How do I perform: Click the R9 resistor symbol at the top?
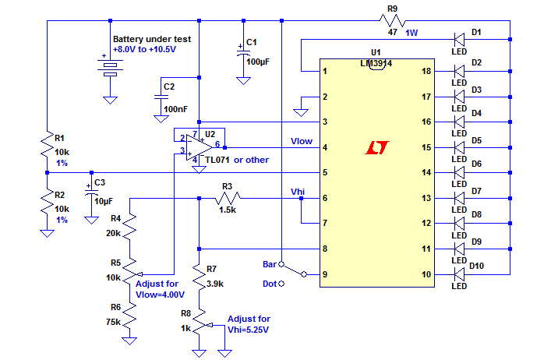click(393, 21)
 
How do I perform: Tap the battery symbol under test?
click(110, 68)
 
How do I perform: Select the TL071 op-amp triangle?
click(199, 147)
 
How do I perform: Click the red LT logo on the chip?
click(377, 148)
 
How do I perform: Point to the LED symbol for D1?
click(459, 39)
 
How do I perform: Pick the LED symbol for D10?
click(459, 274)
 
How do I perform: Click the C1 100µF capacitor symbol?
click(243, 53)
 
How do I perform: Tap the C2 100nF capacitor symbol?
click(161, 97)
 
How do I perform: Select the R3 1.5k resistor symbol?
click(228, 199)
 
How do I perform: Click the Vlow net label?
click(302, 141)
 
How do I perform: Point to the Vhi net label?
click(298, 192)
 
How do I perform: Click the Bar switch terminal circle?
click(281, 264)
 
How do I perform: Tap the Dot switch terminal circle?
click(281, 284)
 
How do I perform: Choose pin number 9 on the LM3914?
click(325, 274)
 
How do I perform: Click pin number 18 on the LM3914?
click(426, 71)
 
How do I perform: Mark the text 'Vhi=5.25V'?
click(248, 330)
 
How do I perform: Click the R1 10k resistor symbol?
click(47, 144)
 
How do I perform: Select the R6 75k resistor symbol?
click(129, 315)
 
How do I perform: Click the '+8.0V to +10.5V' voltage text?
click(144, 49)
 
